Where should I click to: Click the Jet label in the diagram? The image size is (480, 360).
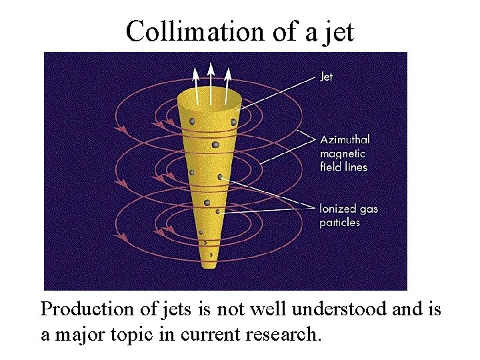pyautogui.click(x=326, y=77)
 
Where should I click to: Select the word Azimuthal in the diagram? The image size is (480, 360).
pyautogui.click(x=345, y=140)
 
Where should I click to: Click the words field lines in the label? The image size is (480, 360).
pyautogui.click(x=343, y=167)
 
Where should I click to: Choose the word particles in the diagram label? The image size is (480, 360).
pyautogui.click(x=339, y=222)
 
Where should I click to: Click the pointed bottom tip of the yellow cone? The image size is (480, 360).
pyautogui.click(x=211, y=266)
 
